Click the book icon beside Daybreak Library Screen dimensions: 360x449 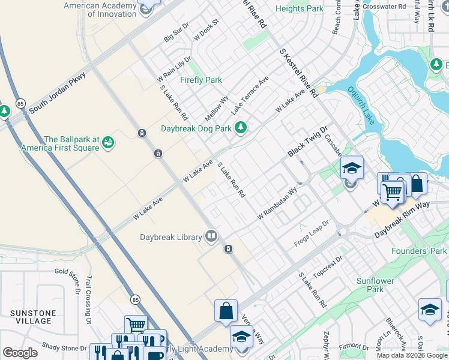coord(211,236)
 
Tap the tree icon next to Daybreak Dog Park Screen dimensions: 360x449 coord(241,127)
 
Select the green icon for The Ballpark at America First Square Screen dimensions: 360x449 coord(109,142)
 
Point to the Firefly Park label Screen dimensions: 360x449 coord(201,80)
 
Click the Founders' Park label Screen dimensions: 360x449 coord(419,251)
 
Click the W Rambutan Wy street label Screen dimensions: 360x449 coord(277,203)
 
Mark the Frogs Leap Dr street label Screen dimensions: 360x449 coord(312,234)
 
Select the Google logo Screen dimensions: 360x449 coord(20,353)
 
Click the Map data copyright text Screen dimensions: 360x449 coord(412,355)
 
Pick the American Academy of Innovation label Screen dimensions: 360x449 coord(100,10)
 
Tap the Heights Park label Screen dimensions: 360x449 coord(299,8)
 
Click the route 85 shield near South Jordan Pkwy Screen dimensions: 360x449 coord(20,103)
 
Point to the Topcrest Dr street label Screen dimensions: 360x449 coord(327,265)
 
